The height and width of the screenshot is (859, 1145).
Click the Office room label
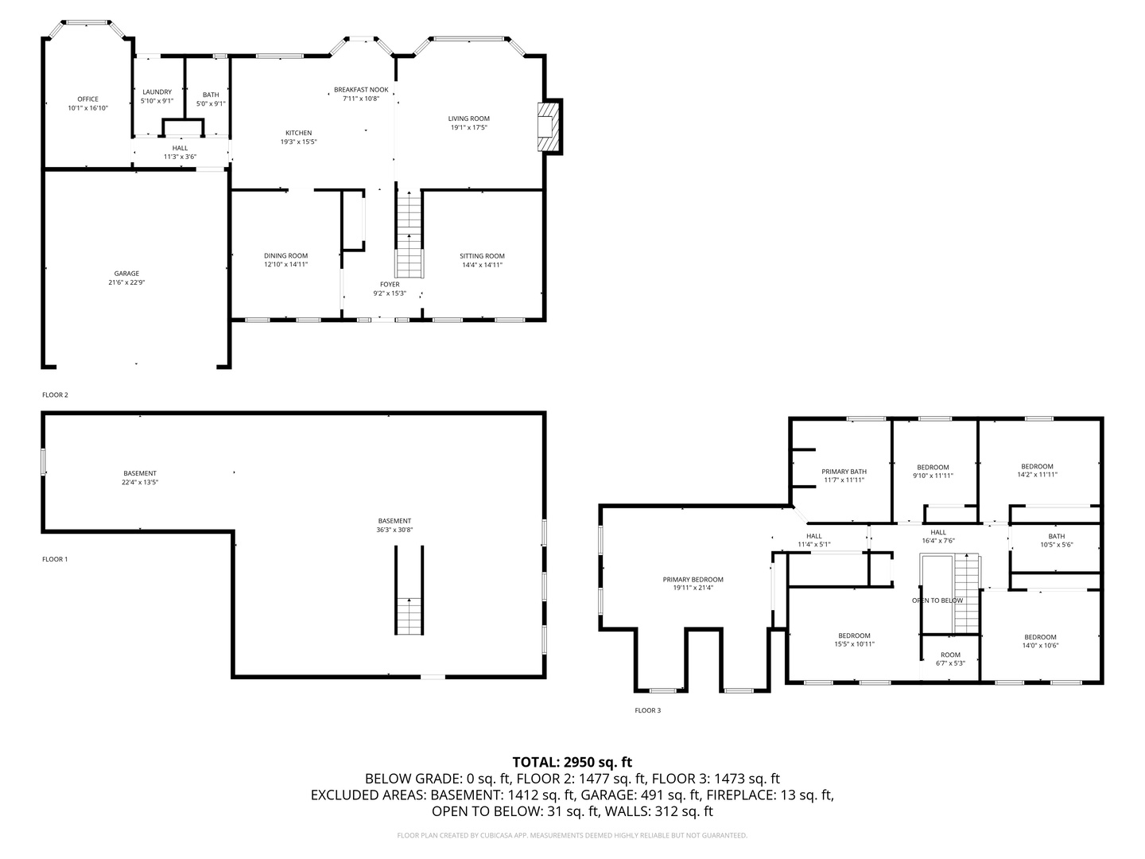pos(87,99)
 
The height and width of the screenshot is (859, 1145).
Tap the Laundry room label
pos(157,92)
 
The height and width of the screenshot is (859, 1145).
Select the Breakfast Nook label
pos(361,90)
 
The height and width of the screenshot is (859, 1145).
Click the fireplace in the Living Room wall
pos(549,126)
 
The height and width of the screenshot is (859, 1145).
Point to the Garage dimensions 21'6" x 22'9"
pos(126,282)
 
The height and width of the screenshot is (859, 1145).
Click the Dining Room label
pos(285,255)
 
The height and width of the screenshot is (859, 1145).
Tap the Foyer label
pos(390,284)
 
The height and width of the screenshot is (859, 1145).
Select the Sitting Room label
pos(482,256)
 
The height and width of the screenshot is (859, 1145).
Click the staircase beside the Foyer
pos(409,235)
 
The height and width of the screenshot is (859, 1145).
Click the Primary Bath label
pos(844,472)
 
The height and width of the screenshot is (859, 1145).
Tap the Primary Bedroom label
pos(693,579)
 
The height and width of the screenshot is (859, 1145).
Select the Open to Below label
pos(937,601)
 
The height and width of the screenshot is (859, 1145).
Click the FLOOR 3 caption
pos(647,710)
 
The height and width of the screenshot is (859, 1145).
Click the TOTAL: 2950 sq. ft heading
pos(572,762)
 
